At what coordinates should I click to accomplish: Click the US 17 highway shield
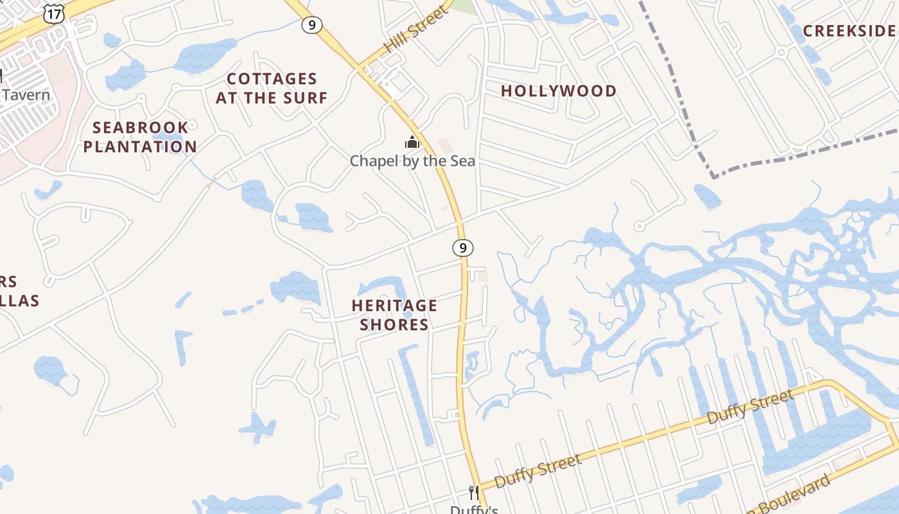point(54,13)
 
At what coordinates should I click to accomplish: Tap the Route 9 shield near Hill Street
point(311,25)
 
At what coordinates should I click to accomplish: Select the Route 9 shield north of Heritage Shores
point(462,247)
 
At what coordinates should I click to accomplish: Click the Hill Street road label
point(415,30)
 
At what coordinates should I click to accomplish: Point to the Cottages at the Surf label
point(272,88)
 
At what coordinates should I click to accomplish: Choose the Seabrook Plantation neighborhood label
point(140,137)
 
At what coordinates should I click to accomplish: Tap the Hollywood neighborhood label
point(559,91)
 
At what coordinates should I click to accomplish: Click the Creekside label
point(849,31)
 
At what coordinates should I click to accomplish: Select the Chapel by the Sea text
point(412,161)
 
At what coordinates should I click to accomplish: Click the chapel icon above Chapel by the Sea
point(412,142)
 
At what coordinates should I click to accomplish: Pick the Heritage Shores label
point(394,314)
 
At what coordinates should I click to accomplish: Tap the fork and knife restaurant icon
point(474,493)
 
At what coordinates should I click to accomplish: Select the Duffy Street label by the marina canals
point(750,407)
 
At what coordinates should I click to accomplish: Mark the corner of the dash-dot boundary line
point(713,176)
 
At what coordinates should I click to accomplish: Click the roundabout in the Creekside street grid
point(781,51)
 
